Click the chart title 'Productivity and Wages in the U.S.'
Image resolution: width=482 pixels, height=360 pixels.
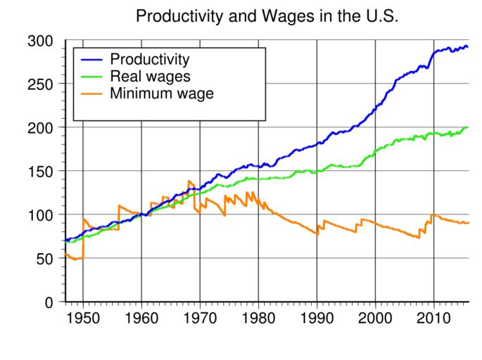(x=267, y=16)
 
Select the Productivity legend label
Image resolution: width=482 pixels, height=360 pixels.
(x=150, y=58)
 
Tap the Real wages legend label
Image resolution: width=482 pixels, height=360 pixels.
(x=150, y=75)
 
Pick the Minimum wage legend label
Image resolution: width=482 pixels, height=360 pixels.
(x=162, y=92)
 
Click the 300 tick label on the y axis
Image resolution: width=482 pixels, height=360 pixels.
(x=40, y=41)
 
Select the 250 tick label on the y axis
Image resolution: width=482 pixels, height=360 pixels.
(x=40, y=84)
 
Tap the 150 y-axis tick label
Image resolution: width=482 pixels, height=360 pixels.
(x=40, y=172)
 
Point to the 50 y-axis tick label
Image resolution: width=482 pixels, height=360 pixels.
(x=44, y=259)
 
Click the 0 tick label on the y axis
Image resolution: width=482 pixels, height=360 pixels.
(x=49, y=302)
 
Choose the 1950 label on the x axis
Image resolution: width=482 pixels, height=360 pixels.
(x=83, y=318)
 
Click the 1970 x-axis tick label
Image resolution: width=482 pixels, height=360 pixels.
(x=200, y=318)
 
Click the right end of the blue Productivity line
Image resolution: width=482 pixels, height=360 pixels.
(x=467, y=47)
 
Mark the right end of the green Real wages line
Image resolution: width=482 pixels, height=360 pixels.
(x=467, y=127)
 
